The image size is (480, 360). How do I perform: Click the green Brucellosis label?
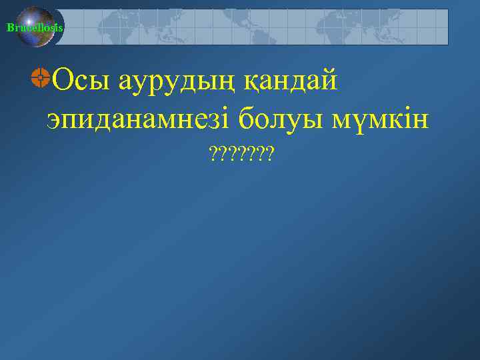35,27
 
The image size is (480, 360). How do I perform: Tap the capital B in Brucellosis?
9,27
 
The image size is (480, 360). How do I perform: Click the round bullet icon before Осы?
40,78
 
